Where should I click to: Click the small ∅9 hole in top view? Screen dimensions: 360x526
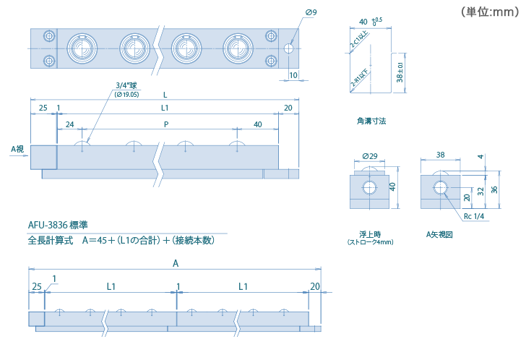(x=288, y=48)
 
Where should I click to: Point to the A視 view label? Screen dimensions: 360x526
(x=17, y=149)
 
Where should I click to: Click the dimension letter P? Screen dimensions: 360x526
(x=166, y=124)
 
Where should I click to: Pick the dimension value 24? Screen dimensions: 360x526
(x=69, y=124)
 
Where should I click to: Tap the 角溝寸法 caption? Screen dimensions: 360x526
(x=371, y=121)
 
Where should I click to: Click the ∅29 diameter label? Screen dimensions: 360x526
(x=368, y=156)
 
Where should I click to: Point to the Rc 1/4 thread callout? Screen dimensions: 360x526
(x=473, y=216)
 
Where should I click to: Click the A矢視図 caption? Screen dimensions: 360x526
(x=439, y=234)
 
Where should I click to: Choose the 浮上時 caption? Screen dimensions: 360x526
(x=370, y=234)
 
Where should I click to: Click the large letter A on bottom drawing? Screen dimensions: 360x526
(x=176, y=265)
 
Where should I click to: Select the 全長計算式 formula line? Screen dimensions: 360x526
(x=121, y=241)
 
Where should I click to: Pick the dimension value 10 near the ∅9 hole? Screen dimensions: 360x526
(x=293, y=74)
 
